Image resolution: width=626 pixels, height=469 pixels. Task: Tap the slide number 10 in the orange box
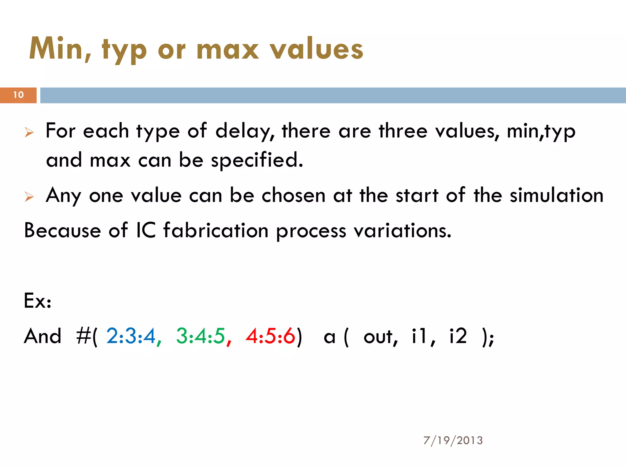tap(18, 95)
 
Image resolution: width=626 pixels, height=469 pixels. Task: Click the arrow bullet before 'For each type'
tap(29, 133)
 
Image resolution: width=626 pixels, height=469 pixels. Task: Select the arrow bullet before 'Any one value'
tap(29, 197)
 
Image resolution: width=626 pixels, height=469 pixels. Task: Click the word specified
tap(257, 160)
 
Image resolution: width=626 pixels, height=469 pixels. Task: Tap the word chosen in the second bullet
tap(293, 195)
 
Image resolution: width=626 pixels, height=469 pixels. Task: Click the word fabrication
tap(216, 231)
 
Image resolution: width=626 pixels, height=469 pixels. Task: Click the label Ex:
tap(38, 301)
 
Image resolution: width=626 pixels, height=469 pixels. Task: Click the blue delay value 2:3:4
tap(131, 336)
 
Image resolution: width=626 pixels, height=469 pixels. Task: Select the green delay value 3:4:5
tap(201, 336)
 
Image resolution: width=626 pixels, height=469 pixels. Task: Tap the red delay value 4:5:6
tap(270, 336)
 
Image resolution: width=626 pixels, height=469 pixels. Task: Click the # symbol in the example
tap(83, 336)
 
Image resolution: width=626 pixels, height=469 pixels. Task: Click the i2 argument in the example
tap(458, 336)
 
